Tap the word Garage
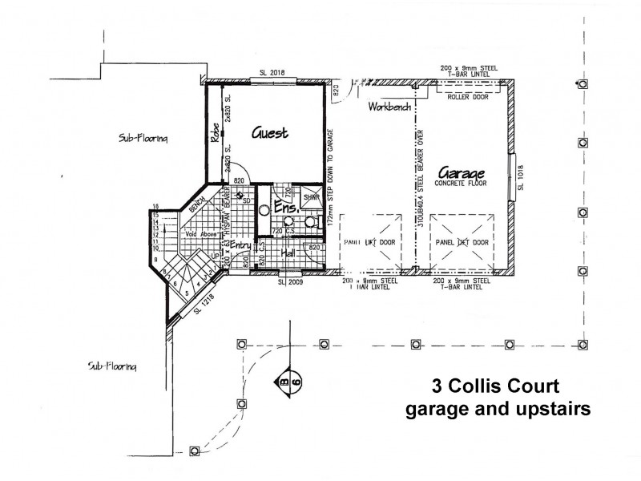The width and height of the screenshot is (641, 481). pos(462,174)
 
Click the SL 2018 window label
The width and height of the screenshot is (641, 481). pos(272,73)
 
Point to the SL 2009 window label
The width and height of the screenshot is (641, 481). pos(290,282)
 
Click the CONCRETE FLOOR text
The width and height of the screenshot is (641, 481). pos(462,184)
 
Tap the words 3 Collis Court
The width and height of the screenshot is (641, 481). pos(498,385)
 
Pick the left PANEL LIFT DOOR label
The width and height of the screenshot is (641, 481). pos(369,241)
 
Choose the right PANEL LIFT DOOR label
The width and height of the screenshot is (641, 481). pos(462,241)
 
